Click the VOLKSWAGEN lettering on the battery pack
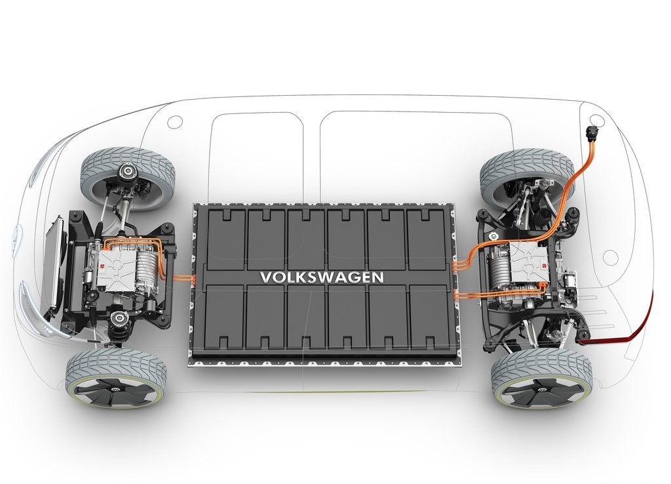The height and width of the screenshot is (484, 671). point(322,277)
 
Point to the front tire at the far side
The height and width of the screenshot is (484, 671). point(127,176)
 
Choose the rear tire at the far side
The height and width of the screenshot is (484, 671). point(527,177)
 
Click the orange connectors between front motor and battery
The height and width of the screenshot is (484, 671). point(184,279)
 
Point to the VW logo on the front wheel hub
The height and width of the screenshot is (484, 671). point(114,390)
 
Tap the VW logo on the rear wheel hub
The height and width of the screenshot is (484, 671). point(540,392)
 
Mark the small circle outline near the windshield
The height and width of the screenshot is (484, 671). point(174,121)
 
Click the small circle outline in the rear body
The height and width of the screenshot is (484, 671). point(610,257)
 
